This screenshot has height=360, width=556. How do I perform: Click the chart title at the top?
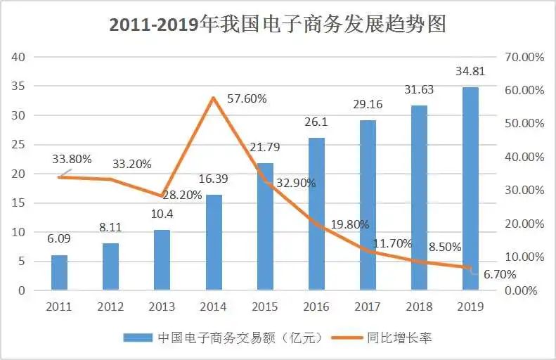tap(278, 25)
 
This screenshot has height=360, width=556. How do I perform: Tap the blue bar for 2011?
tap(59, 272)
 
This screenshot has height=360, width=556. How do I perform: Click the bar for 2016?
tap(316, 214)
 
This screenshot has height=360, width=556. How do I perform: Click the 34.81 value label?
tap(470, 72)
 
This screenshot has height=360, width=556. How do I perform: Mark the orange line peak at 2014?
tap(213, 97)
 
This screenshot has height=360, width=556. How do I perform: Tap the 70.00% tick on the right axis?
tap(521, 57)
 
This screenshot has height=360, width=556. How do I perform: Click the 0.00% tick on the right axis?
tap(521, 290)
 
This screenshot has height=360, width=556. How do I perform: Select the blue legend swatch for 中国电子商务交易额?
tap(136, 338)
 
